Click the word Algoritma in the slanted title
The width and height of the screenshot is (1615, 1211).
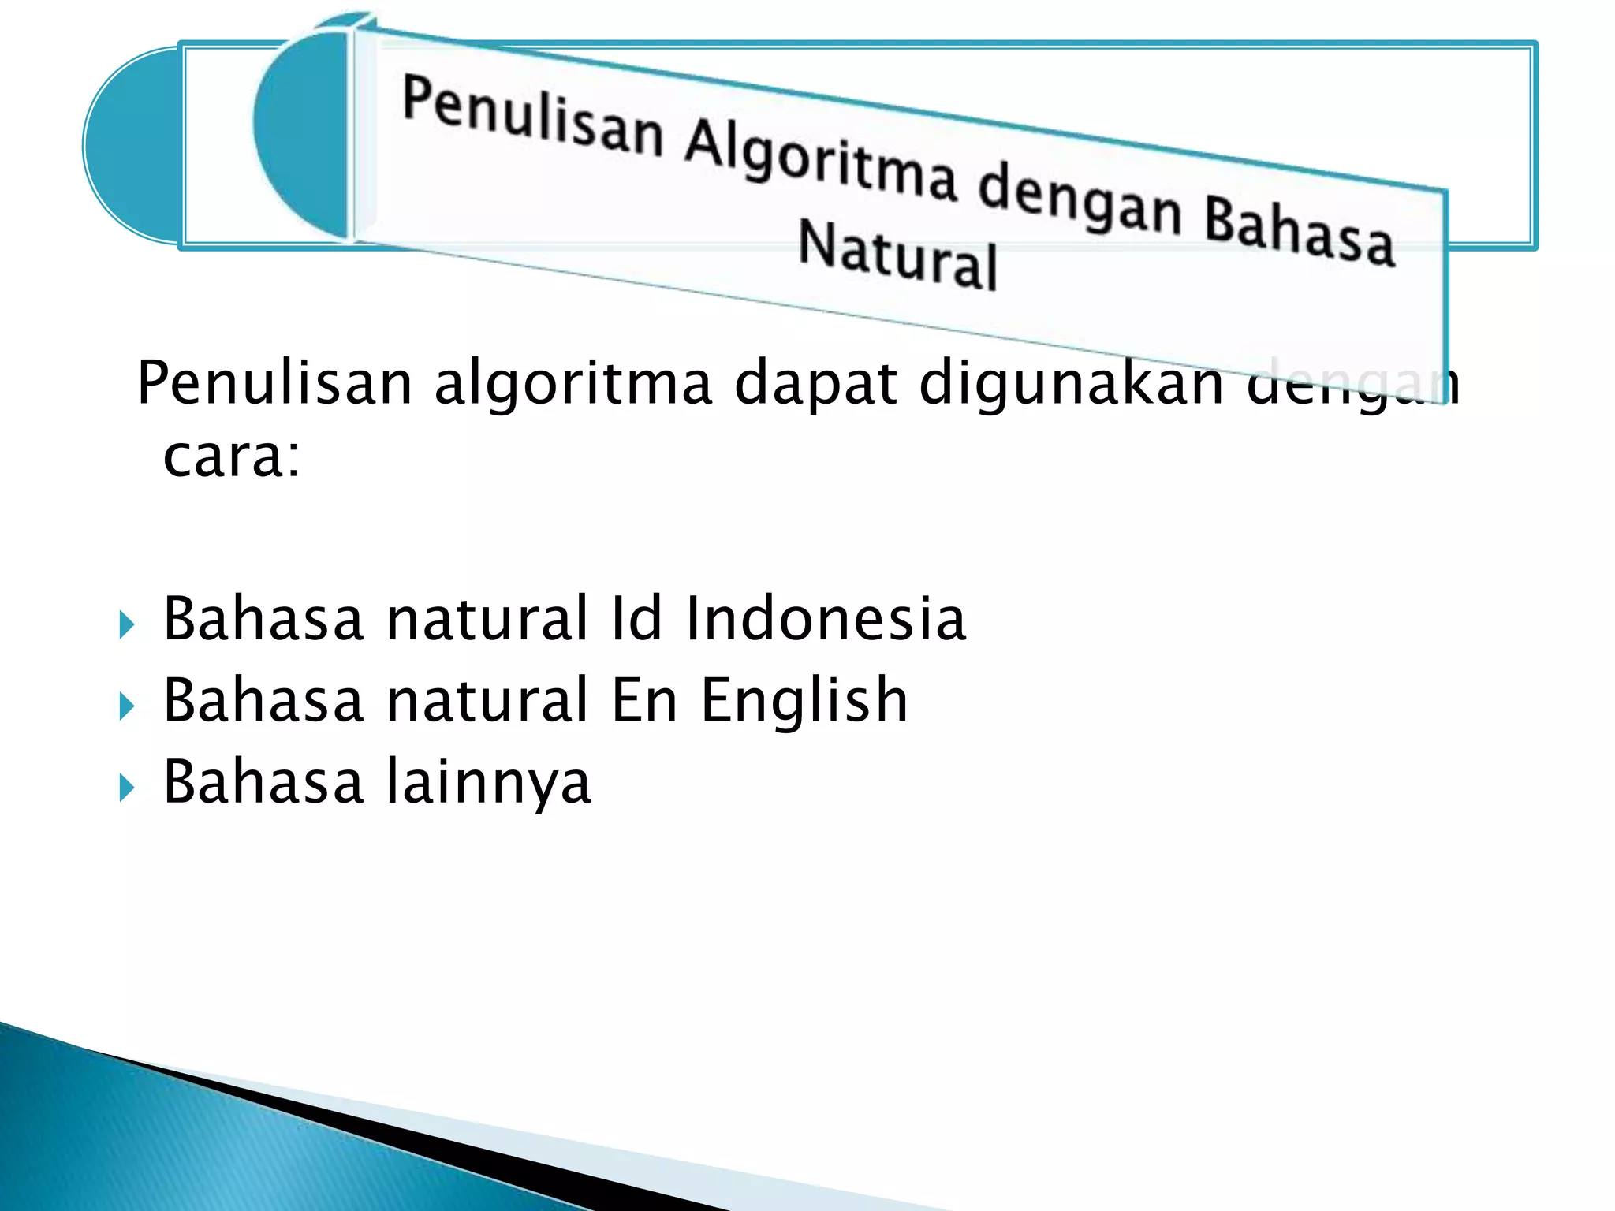pos(820,165)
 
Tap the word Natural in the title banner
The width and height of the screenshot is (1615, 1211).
pos(897,254)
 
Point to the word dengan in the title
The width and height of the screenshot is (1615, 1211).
pos(1080,201)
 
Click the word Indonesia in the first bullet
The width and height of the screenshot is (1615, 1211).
pos(825,619)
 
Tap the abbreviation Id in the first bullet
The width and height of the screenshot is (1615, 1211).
pos(636,619)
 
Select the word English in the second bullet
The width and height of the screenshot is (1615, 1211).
pos(804,700)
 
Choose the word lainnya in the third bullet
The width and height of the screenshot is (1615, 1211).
pos(488,782)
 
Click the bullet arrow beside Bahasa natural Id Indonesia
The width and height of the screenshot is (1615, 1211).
pos(126,627)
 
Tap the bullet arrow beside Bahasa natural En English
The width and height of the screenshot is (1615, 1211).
pos(126,707)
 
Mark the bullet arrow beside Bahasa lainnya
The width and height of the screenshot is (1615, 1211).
pos(126,788)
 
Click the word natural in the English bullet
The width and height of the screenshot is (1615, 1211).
pos(487,700)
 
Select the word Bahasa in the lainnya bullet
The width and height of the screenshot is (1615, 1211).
pos(263,782)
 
